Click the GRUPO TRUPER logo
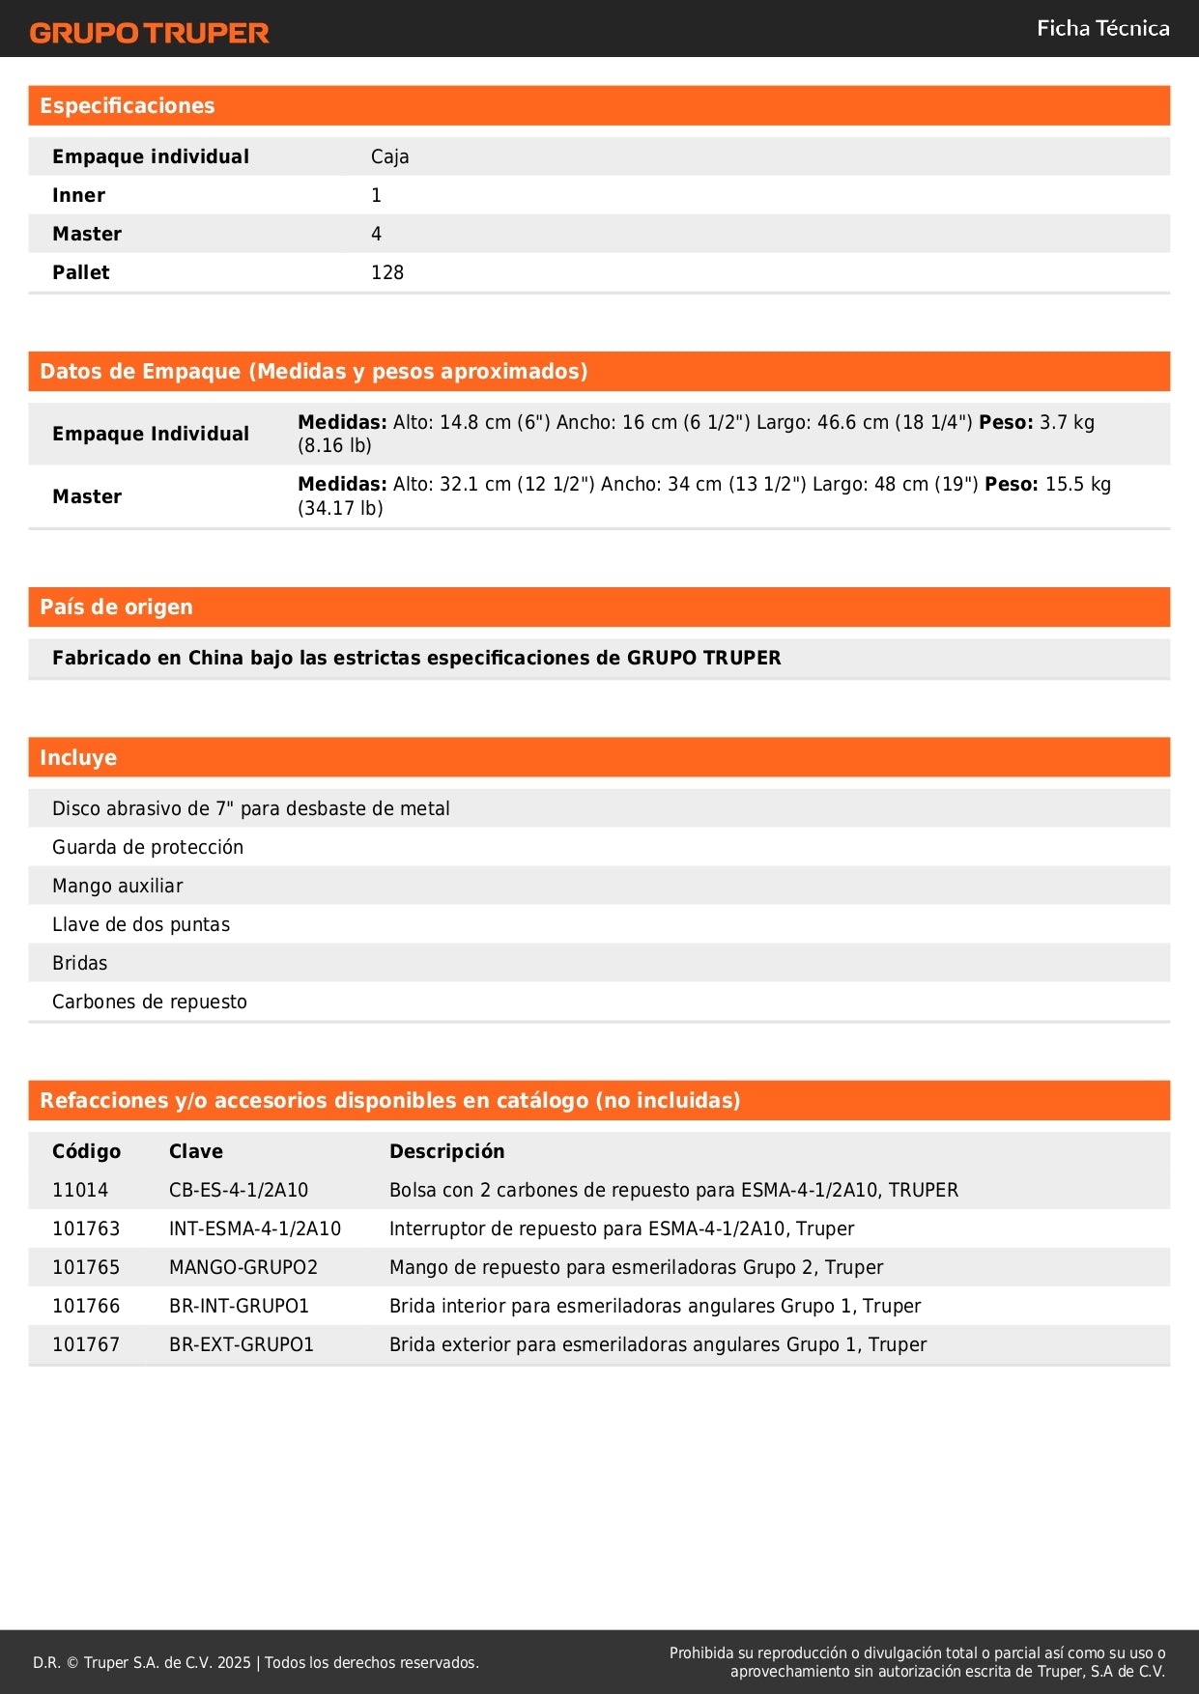tap(150, 33)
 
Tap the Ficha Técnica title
tap(1102, 29)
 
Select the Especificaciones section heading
tap(128, 106)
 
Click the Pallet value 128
tap(387, 272)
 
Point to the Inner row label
tap(79, 195)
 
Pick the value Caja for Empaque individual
tap(390, 156)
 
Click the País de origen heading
tap(116, 607)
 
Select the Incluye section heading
tap(78, 758)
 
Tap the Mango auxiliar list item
tap(118, 886)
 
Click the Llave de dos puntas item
tap(141, 924)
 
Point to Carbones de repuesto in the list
tap(150, 1002)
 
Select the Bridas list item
tap(80, 963)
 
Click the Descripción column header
tap(446, 1151)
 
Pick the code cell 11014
tap(80, 1190)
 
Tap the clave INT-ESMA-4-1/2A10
tap(255, 1228)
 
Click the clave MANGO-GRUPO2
tap(243, 1267)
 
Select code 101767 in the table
tap(86, 1344)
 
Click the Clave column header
tap(196, 1151)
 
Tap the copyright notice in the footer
tap(256, 1662)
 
